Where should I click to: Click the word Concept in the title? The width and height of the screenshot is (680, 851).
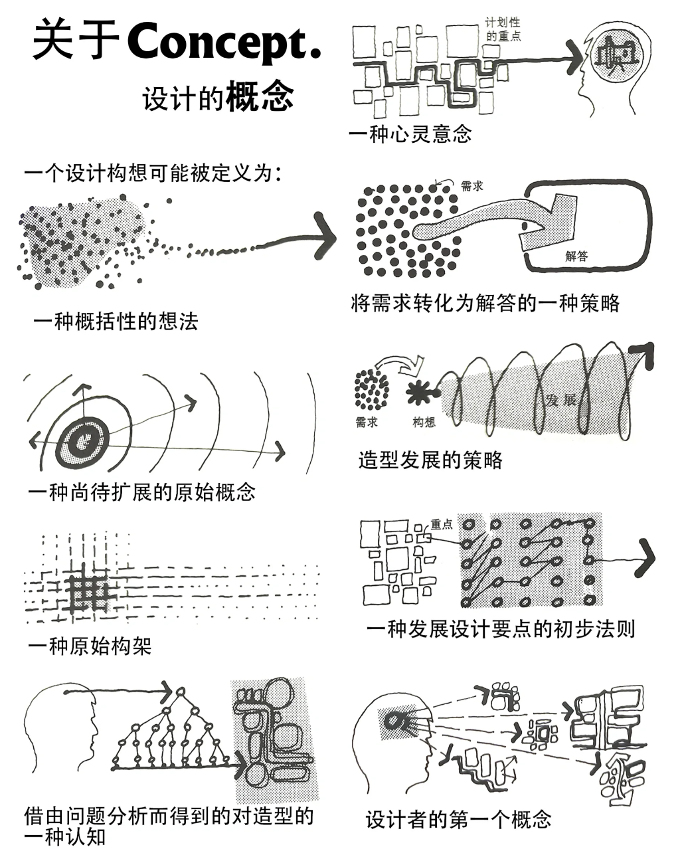tap(224, 41)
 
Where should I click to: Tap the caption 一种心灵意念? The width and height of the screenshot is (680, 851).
tap(410, 134)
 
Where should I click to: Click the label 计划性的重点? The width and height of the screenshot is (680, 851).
tap(503, 30)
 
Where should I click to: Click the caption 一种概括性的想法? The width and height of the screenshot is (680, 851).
tap(116, 322)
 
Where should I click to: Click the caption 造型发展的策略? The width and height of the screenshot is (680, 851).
tap(430, 460)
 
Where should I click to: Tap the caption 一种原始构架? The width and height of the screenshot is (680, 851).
tap(90, 646)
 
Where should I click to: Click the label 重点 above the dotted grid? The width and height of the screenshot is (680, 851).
tap(441, 524)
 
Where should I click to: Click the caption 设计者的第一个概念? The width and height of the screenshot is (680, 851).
tap(458, 819)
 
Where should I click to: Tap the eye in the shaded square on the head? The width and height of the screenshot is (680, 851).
tap(397, 721)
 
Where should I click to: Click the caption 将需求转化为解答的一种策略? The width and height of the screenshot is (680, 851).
tap(485, 303)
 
